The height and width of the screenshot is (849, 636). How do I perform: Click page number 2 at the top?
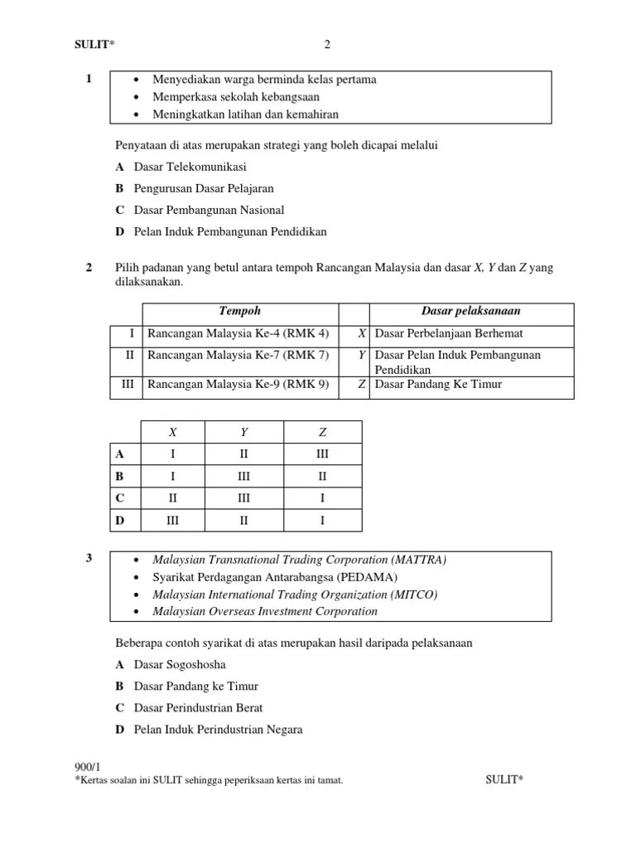pyautogui.click(x=327, y=45)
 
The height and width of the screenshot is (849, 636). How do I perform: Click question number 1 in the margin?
pyautogui.click(x=88, y=80)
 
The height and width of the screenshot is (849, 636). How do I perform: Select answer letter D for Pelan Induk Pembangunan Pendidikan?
pyautogui.click(x=120, y=232)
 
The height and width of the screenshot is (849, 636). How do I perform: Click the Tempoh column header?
pyautogui.click(x=239, y=312)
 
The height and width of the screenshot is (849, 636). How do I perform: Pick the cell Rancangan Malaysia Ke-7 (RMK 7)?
pyautogui.click(x=238, y=356)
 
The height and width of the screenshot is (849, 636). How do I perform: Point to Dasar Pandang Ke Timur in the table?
pyautogui.click(x=438, y=385)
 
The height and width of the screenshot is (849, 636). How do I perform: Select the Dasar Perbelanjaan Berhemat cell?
pyautogui.click(x=449, y=334)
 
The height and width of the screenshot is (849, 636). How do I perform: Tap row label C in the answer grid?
pyautogui.click(x=120, y=499)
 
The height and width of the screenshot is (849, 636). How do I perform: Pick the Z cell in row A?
pyautogui.click(x=322, y=454)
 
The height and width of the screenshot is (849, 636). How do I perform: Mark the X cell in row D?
pyautogui.click(x=173, y=522)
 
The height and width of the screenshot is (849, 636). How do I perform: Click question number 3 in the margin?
pyautogui.click(x=88, y=560)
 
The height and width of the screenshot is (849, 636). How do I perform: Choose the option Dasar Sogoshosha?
pyautogui.click(x=180, y=665)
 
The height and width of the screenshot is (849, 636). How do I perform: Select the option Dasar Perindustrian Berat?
pyautogui.click(x=199, y=708)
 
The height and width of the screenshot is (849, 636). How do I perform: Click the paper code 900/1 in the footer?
pyautogui.click(x=87, y=769)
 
